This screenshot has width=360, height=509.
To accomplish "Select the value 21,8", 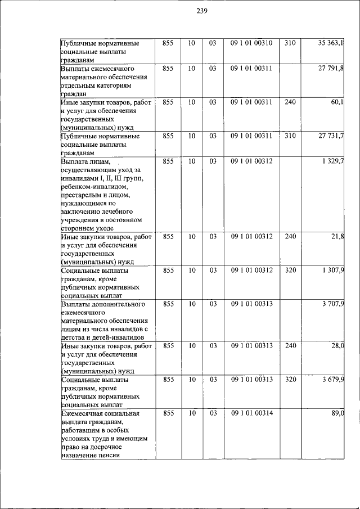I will point(338,236).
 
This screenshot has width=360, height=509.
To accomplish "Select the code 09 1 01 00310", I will point(251,43).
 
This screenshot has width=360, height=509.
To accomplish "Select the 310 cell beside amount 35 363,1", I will point(290,43).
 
